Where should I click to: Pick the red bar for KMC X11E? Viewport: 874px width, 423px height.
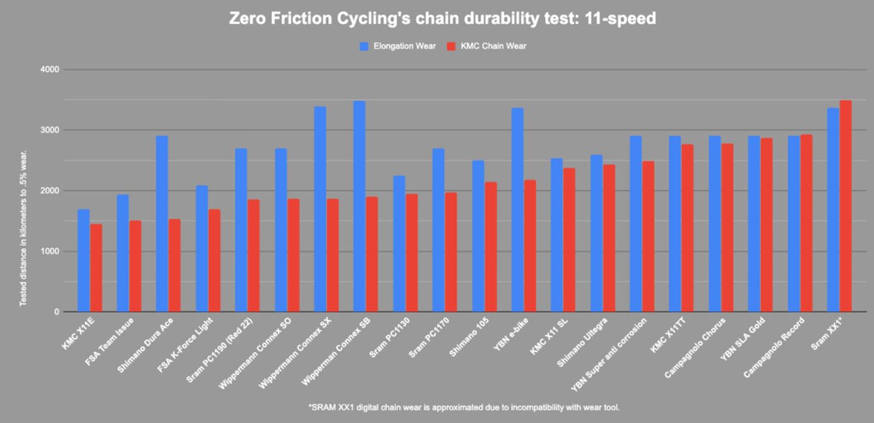point(96,268)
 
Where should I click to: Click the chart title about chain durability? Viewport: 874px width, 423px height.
point(442,19)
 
